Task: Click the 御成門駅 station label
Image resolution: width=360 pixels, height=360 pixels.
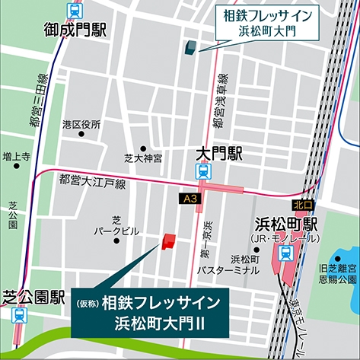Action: coord(76,31)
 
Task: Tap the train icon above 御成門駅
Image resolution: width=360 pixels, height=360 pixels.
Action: coord(75,11)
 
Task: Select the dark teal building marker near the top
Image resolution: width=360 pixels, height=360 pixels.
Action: coord(188,47)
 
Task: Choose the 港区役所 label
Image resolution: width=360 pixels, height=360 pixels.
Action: coord(81,124)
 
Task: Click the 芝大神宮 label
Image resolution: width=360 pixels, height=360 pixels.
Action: coord(143,159)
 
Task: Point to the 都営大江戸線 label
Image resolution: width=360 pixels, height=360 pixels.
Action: coord(92,183)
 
